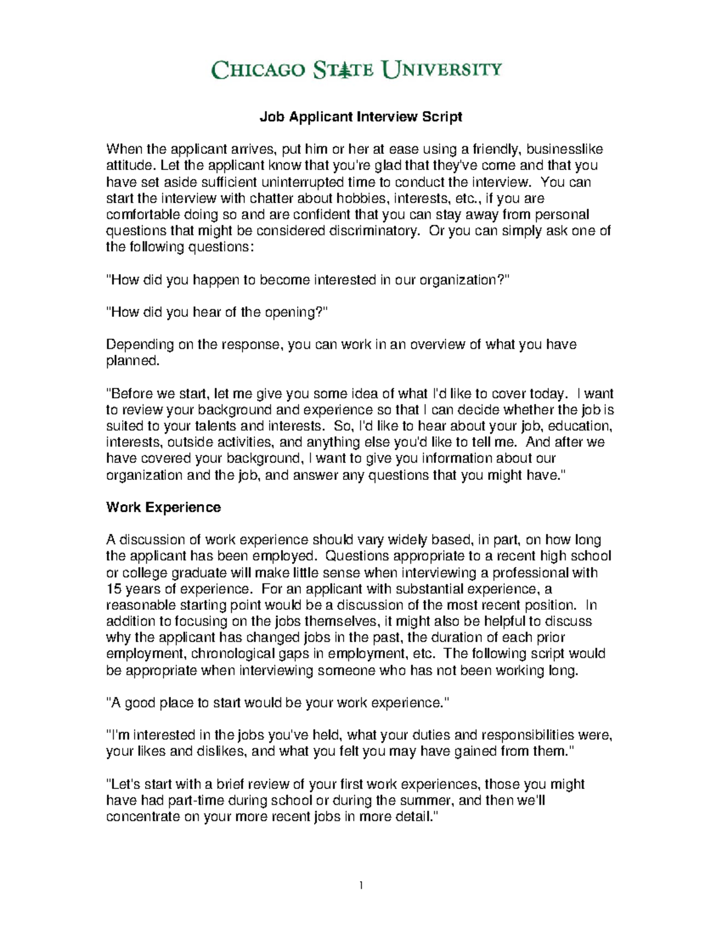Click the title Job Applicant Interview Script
(360, 117)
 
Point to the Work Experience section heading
(163, 508)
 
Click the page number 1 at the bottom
(361, 885)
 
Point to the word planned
(132, 361)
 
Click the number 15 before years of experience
(113, 589)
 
